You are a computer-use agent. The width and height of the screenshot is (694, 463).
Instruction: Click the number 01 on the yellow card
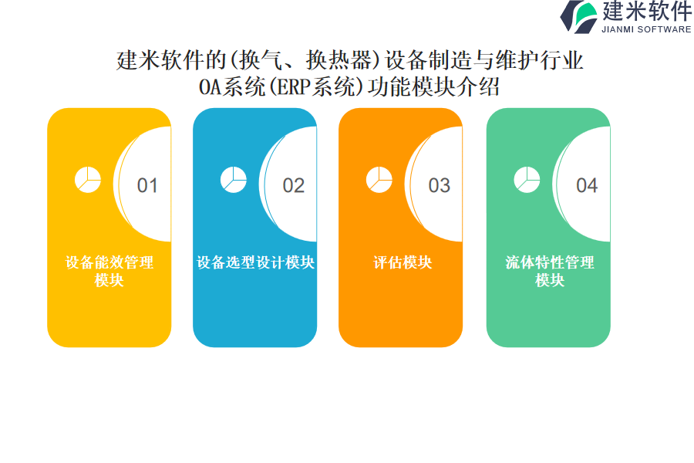pos(147,185)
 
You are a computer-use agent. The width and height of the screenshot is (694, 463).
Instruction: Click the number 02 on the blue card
pos(294,185)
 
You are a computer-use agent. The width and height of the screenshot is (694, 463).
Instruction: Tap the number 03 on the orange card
pos(440,185)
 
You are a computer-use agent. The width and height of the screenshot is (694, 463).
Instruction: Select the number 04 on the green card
pos(587,185)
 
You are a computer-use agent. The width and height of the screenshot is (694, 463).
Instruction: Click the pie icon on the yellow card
pos(88,180)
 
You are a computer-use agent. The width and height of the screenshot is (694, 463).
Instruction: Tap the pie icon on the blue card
pos(234,180)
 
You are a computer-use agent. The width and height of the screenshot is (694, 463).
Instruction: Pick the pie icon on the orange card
pos(379,180)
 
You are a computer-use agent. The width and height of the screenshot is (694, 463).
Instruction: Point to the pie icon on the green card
pos(527,180)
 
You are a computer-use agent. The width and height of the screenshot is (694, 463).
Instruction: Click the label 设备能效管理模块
pos(109,271)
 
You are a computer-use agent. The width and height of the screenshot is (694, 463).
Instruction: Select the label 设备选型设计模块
pos(255,262)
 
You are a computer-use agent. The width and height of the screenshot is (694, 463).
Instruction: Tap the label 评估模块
pos(403,262)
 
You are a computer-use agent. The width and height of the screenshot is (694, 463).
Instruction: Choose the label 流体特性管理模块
pos(550,271)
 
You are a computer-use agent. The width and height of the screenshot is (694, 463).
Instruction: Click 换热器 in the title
pos(339,60)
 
